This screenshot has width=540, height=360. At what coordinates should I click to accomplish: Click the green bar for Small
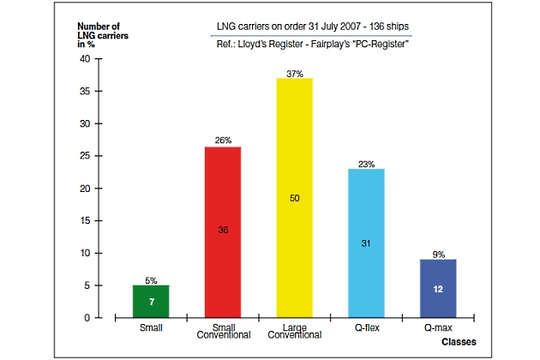tap(150, 301)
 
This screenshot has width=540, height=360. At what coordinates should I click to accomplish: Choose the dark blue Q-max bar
tap(439, 288)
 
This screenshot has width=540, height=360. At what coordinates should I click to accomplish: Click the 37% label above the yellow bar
tap(295, 73)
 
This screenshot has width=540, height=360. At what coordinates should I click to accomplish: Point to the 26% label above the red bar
tap(223, 141)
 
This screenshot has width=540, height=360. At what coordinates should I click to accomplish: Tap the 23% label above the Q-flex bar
tap(367, 163)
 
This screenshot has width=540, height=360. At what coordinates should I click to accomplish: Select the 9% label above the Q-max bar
tap(439, 254)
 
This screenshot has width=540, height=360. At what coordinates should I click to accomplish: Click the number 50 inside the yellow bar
tap(295, 198)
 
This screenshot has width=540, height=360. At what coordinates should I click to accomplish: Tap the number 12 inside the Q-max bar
tap(439, 289)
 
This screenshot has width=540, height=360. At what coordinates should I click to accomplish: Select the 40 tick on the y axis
tap(84, 59)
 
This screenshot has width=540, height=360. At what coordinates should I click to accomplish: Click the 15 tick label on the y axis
tap(84, 220)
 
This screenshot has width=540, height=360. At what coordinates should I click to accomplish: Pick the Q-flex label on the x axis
tap(367, 327)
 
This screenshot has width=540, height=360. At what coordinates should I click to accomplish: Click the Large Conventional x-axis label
tap(295, 332)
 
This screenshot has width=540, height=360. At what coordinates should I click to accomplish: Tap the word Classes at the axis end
tap(458, 340)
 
